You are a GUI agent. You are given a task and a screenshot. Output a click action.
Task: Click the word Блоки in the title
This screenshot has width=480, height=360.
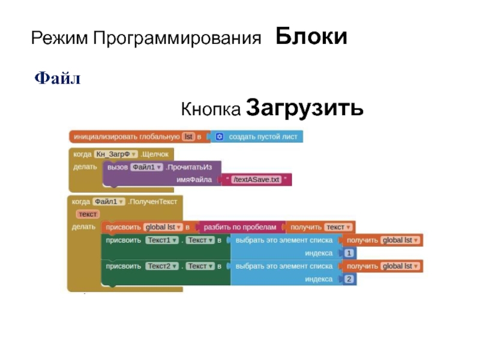click(x=311, y=37)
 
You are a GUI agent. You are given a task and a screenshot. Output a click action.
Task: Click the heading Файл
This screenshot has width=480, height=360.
click(x=58, y=78)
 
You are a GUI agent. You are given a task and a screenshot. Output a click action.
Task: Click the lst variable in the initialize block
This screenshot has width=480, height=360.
click(x=189, y=137)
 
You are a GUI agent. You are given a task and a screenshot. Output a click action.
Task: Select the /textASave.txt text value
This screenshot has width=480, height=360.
click(x=257, y=179)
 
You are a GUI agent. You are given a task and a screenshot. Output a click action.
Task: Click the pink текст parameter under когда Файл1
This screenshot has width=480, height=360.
click(x=88, y=214)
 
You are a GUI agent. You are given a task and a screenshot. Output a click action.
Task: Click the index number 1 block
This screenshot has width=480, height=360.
click(x=349, y=253)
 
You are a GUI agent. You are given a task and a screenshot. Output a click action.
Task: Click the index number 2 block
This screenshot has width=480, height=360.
click(x=349, y=279)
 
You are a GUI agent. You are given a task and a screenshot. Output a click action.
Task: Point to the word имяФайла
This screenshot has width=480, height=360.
click(x=194, y=179)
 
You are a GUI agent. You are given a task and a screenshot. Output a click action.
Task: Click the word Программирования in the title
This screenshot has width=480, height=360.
click(x=177, y=40)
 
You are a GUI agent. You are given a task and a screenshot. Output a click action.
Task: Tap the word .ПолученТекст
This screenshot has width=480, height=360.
click(x=153, y=202)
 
